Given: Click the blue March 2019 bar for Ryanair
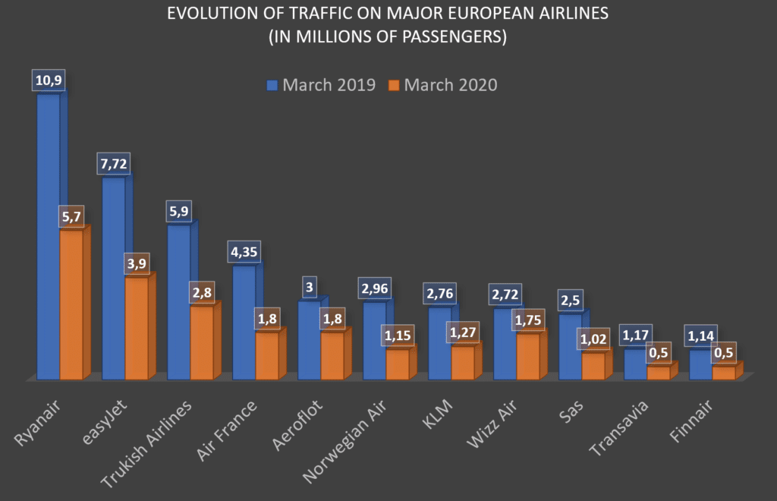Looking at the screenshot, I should [x=48, y=235].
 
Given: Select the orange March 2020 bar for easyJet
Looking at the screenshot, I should [x=136, y=328].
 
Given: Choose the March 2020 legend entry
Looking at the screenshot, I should [x=442, y=84].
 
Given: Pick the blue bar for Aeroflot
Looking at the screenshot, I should [x=309, y=340].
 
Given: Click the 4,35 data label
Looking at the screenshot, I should [x=244, y=253].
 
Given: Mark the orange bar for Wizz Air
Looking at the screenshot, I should [x=527, y=356].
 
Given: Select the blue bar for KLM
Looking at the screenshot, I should [x=439, y=343].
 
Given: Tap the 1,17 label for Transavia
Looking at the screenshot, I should [x=637, y=335].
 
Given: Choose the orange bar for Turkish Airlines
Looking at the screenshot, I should [x=201, y=342].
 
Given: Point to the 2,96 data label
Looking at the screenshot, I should [x=373, y=288].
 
